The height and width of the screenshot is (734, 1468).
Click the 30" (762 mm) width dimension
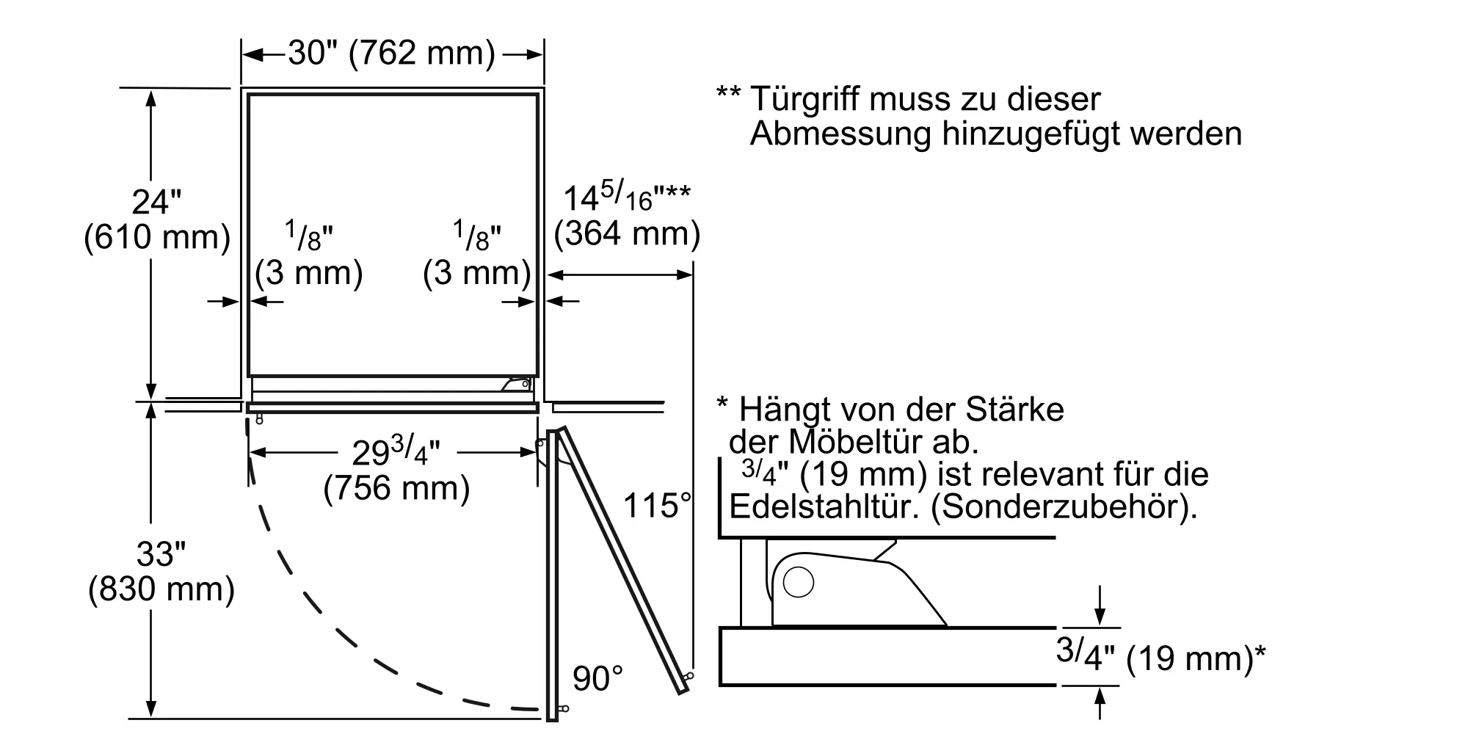392,54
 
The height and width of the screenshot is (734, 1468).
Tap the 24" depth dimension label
156,203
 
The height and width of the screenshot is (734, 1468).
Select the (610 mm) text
157,237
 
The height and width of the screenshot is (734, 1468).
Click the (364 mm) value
627,233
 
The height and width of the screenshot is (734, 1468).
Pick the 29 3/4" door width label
396,451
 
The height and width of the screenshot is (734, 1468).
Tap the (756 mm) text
396,488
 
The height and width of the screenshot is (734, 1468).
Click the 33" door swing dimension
161,553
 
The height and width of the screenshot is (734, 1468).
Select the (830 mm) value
161,589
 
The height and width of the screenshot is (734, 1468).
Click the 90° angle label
597,679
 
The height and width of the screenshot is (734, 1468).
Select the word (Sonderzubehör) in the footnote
1064,507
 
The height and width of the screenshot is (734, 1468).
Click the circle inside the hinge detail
799,583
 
